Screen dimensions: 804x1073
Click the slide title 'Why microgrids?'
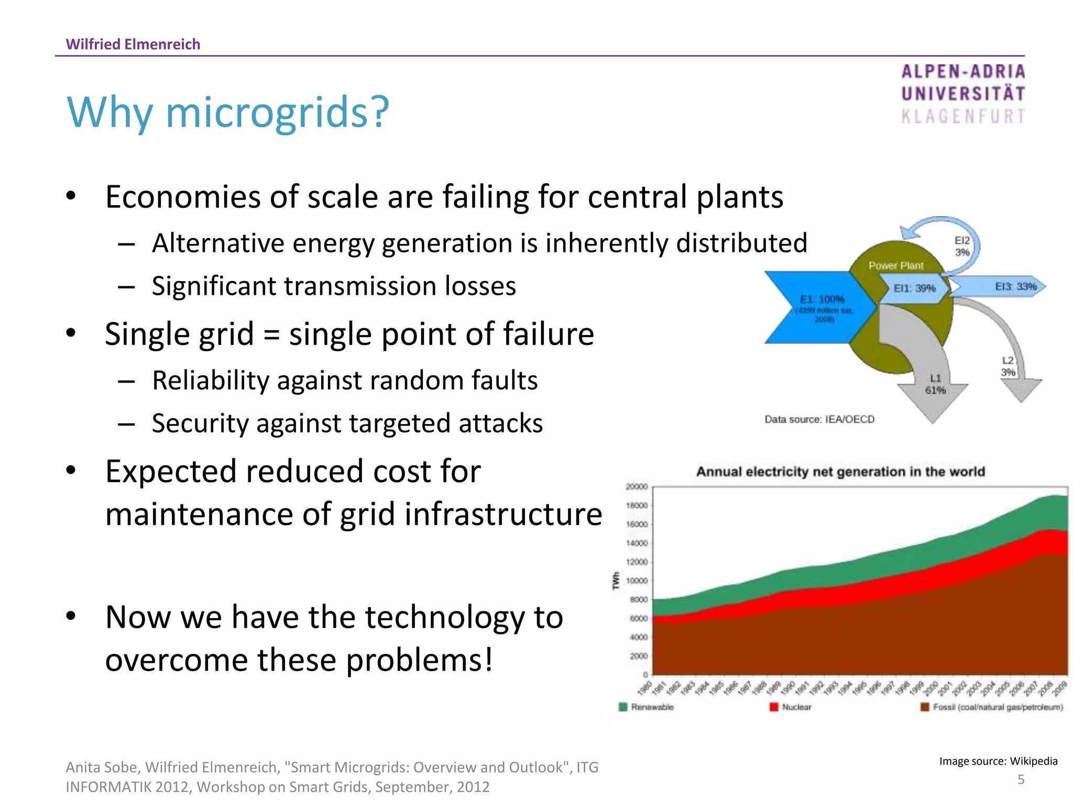tap(228, 112)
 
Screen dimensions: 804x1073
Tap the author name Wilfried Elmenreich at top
tap(133, 44)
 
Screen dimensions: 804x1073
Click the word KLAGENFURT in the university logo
tap(963, 116)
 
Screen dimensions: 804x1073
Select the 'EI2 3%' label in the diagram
tap(962, 246)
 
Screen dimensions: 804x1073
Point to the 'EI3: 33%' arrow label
tap(1015, 286)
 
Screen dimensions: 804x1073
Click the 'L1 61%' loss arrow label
tap(935, 384)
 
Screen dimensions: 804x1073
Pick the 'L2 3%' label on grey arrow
tap(1008, 366)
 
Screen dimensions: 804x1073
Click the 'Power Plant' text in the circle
tap(895, 266)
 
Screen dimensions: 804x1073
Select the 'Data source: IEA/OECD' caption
tap(819, 419)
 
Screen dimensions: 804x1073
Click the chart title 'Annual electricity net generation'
tap(840, 472)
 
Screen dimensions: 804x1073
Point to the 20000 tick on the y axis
tap(637, 487)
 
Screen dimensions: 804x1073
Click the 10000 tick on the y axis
tap(637, 580)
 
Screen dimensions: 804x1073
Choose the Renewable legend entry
tap(647, 707)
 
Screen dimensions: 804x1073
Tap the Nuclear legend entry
tap(791, 707)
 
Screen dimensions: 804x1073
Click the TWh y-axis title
tap(616, 580)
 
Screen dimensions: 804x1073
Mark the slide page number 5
tap(1021, 779)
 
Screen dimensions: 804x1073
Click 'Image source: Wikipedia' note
tap(998, 761)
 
